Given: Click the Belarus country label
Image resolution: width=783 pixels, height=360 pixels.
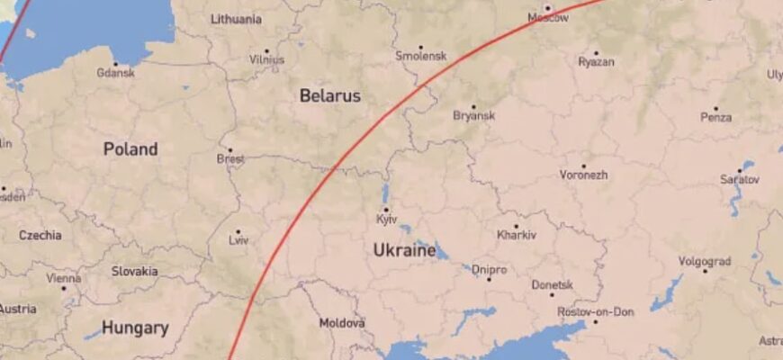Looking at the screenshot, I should [329, 95].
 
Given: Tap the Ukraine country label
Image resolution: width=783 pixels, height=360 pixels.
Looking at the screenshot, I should [404, 249].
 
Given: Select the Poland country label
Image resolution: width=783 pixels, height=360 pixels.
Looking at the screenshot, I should [130, 149].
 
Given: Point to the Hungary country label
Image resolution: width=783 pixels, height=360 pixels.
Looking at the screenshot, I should [134, 328].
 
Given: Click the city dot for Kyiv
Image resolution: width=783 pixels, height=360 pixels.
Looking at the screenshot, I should [386, 210].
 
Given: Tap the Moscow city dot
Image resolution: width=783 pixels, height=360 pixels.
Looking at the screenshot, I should [546, 8].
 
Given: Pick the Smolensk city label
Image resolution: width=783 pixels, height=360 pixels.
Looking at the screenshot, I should [420, 56].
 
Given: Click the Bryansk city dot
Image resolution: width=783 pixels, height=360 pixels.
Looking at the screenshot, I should [473, 106].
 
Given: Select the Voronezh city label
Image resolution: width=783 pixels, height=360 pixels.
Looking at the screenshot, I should [583, 175].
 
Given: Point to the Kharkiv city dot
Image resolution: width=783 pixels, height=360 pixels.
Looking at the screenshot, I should [516, 226].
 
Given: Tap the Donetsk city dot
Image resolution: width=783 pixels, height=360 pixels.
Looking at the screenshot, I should [552, 294].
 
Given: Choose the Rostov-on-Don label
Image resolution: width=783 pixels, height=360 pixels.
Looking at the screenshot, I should [595, 312].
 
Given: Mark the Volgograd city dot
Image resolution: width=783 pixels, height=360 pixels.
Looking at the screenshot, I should [705, 271].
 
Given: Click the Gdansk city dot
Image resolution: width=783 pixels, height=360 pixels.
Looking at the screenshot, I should [114, 64].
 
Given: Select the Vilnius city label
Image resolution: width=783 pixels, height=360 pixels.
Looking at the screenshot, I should [266, 61].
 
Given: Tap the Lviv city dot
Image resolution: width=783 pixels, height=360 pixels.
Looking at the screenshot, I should [238, 231].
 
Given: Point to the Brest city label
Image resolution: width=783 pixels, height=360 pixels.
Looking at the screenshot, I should [230, 159].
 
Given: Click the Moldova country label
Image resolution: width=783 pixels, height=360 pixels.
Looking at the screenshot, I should [342, 322].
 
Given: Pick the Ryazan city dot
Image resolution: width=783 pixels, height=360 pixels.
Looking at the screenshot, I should [596, 53].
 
